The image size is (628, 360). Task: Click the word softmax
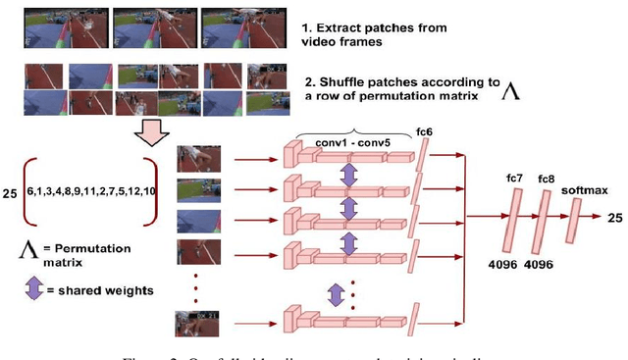pos(578,189)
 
